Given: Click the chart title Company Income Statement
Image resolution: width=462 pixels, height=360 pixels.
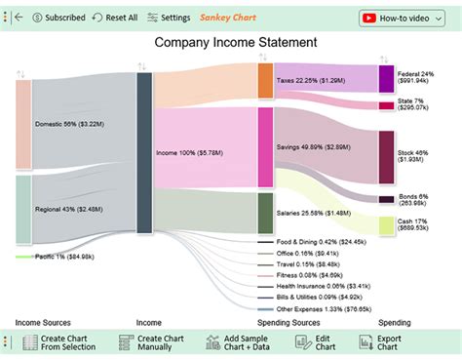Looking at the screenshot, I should pyautogui.click(x=232, y=43).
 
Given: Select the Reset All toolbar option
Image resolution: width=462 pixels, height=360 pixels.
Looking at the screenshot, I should pyautogui.click(x=115, y=18).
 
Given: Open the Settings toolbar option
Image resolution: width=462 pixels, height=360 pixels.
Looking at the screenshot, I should pyautogui.click(x=170, y=18).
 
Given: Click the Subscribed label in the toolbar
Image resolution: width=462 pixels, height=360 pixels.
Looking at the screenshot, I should pyautogui.click(x=58, y=18).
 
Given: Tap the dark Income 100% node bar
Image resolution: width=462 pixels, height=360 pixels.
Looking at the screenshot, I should pyautogui.click(x=144, y=152).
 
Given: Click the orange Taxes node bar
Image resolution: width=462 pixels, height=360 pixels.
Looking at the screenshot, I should pyautogui.click(x=265, y=82).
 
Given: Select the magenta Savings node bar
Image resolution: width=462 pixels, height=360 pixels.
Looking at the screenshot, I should pyautogui.click(x=265, y=146).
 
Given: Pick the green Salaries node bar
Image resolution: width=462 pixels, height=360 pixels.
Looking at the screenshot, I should pyautogui.click(x=265, y=213).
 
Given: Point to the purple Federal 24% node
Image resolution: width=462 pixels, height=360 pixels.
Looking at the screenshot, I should pyautogui.click(x=386, y=79).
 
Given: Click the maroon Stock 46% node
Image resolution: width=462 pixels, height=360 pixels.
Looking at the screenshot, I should pyautogui.click(x=386, y=157).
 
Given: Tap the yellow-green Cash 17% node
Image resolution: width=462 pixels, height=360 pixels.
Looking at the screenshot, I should pyautogui.click(x=386, y=225).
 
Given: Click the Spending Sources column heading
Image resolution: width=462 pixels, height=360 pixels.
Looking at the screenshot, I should pyautogui.click(x=290, y=321).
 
